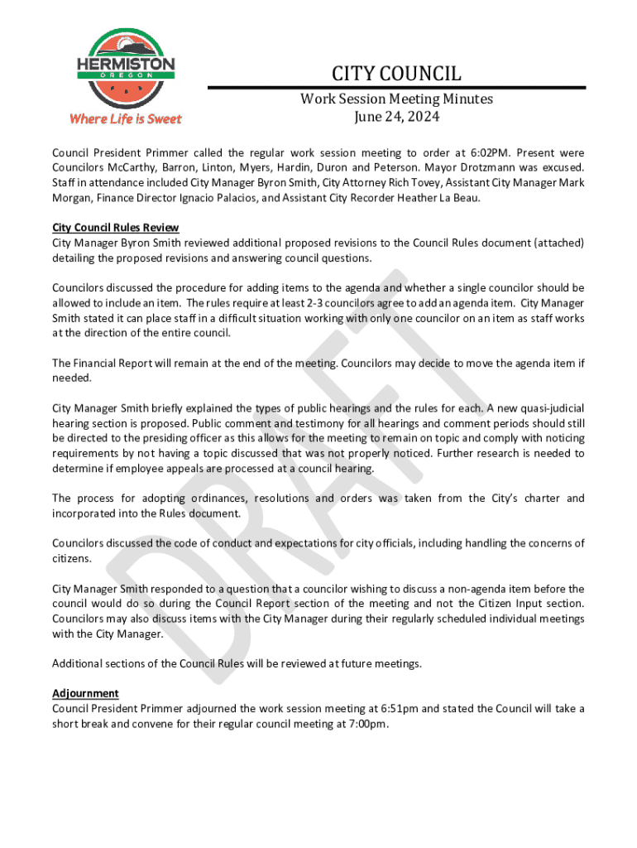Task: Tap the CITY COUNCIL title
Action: [396, 74]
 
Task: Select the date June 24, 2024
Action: [396, 117]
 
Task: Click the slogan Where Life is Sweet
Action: [126, 119]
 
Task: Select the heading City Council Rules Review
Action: [115, 228]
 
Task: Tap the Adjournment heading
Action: [85, 693]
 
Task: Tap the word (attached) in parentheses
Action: [558, 243]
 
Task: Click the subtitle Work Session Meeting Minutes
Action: [396, 99]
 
